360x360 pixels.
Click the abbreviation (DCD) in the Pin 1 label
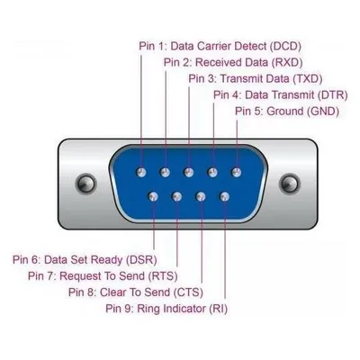(x=285, y=46)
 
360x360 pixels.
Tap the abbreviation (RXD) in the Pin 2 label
(x=287, y=62)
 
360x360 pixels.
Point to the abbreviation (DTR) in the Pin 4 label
(x=332, y=94)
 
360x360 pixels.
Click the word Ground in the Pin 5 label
(x=285, y=111)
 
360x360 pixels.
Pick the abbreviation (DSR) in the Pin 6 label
(x=141, y=260)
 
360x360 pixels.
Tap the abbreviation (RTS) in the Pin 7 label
(x=163, y=276)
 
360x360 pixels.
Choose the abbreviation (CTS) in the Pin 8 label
(x=188, y=292)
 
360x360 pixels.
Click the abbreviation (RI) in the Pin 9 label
(x=218, y=309)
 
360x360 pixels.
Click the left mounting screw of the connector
(x=86, y=183)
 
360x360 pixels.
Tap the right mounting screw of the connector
(x=290, y=183)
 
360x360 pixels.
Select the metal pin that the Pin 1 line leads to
(x=141, y=173)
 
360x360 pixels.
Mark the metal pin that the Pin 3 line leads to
(x=189, y=173)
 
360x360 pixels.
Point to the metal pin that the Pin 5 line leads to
(x=237, y=173)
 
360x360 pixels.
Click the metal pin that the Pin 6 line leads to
(x=153, y=197)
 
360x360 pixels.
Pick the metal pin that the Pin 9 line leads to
(x=225, y=197)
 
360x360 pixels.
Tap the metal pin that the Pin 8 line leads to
(x=201, y=197)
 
